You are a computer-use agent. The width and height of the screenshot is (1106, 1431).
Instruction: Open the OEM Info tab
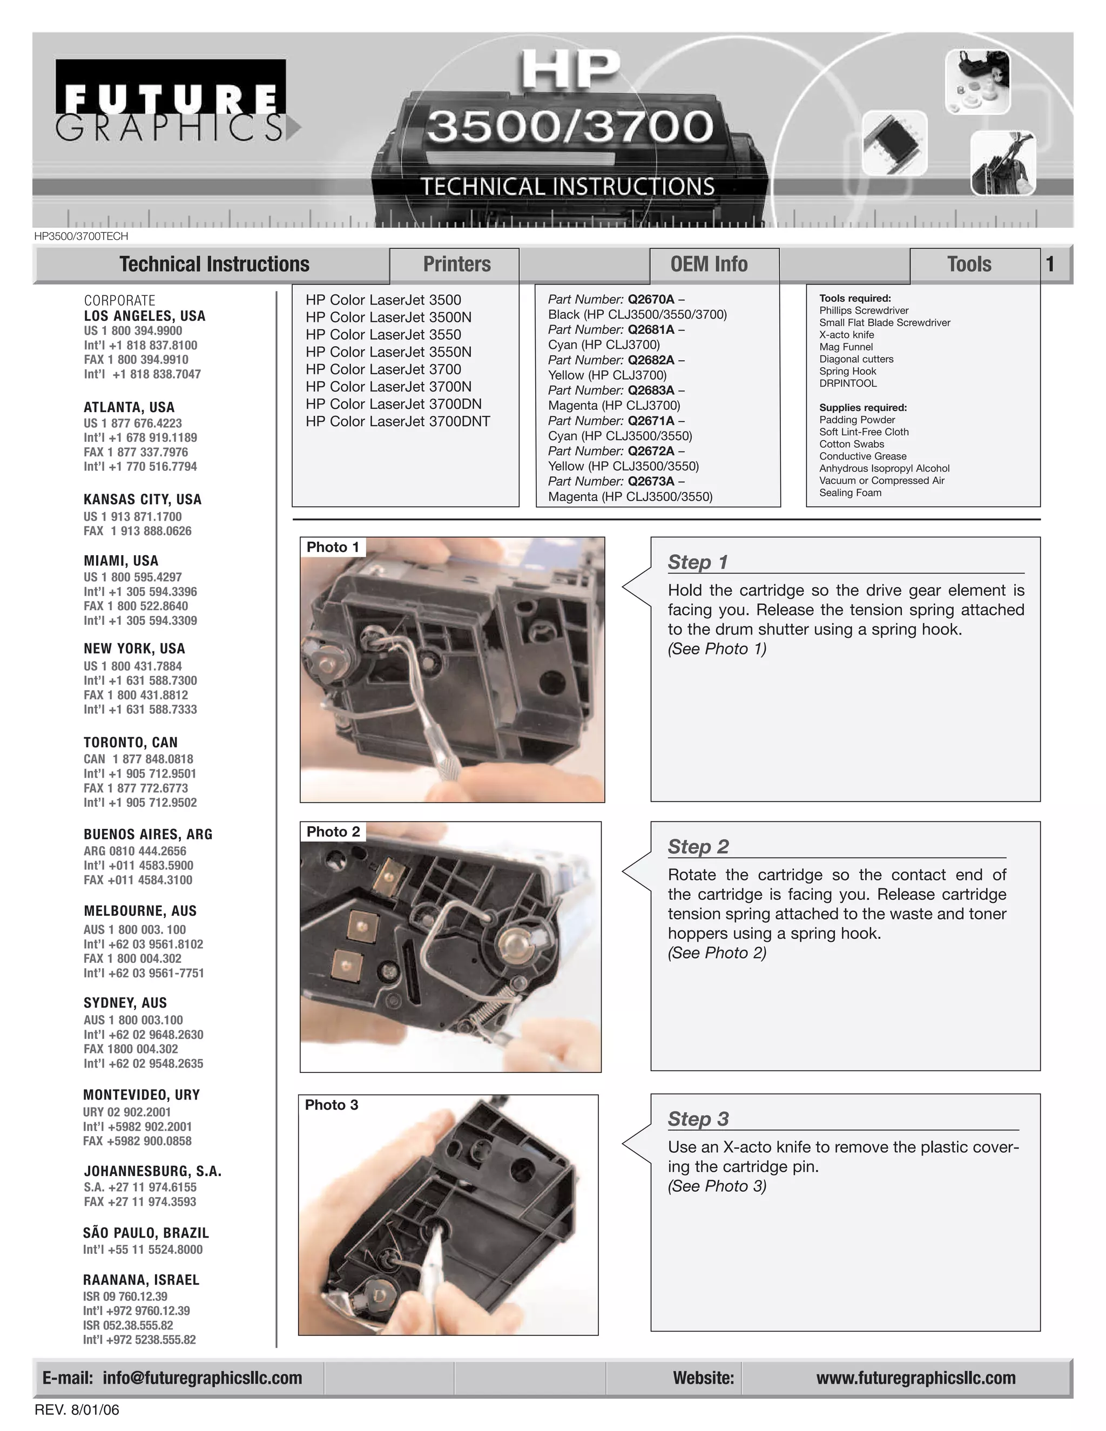click(x=709, y=264)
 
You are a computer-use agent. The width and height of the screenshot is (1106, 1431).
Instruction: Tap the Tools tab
click(x=968, y=264)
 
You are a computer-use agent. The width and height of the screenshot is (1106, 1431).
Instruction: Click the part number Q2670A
click(x=650, y=300)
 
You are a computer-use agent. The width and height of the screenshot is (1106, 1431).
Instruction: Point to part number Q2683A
click(x=650, y=390)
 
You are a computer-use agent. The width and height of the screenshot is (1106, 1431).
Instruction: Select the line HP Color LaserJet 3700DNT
click(x=397, y=421)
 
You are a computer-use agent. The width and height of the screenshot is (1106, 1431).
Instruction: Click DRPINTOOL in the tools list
click(x=847, y=383)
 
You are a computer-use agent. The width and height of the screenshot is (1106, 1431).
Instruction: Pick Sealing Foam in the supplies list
click(x=850, y=492)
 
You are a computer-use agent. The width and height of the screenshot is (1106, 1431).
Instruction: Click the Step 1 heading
click(x=698, y=562)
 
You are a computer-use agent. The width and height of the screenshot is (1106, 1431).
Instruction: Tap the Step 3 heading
click(x=698, y=1119)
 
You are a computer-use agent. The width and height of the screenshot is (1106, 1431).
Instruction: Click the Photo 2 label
click(x=333, y=832)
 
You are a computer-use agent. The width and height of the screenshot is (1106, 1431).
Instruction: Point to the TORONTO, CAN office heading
click(x=130, y=742)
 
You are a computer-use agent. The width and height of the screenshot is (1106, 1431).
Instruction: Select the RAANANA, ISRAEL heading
click(x=141, y=1280)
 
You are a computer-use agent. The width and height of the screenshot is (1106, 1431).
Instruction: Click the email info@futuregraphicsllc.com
click(x=202, y=1378)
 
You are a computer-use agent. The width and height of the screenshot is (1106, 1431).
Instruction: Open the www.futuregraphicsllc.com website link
click(x=915, y=1378)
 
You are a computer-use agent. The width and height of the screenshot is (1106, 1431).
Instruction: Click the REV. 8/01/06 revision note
click(x=77, y=1410)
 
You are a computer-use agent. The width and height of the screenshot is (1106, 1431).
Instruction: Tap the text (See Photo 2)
click(x=717, y=953)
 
